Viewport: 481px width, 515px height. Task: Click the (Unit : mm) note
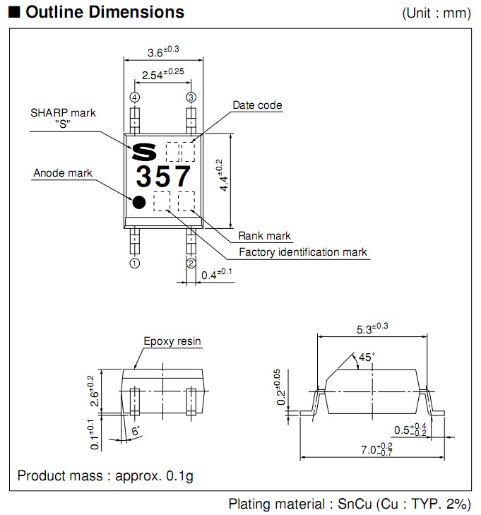436,13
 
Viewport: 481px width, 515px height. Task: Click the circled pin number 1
134,264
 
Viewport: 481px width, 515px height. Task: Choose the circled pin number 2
191,264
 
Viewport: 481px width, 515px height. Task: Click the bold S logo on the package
146,151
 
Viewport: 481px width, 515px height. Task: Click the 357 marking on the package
164,174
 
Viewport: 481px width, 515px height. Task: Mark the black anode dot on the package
139,202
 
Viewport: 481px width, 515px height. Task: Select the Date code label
257,105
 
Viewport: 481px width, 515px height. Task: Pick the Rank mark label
264,236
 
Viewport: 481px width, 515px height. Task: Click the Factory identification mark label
302,252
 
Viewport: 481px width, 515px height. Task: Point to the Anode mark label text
63,173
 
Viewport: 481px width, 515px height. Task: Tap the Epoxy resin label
172,341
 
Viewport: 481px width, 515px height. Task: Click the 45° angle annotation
365,357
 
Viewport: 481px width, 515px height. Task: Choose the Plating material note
349,504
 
